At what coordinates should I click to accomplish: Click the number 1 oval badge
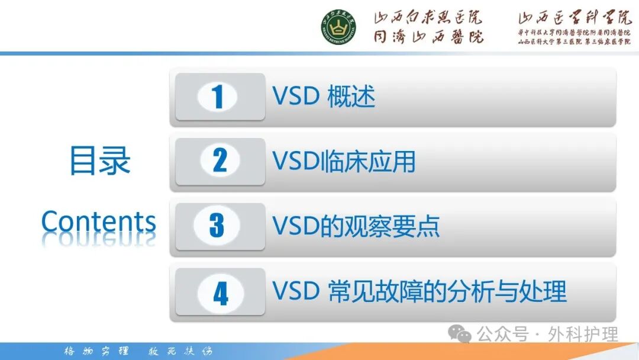coord(217,97)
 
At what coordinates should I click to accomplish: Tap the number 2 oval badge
coord(220,161)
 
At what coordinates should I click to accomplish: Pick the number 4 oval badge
coord(220,292)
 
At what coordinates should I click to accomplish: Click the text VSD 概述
coord(324,97)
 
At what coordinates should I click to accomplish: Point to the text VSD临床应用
coord(344,161)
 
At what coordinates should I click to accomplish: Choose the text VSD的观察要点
coord(356,226)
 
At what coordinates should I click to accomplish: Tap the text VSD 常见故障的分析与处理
coord(419,291)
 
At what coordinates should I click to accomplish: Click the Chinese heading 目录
coord(99,160)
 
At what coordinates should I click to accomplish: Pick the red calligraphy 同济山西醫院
coord(427,36)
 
